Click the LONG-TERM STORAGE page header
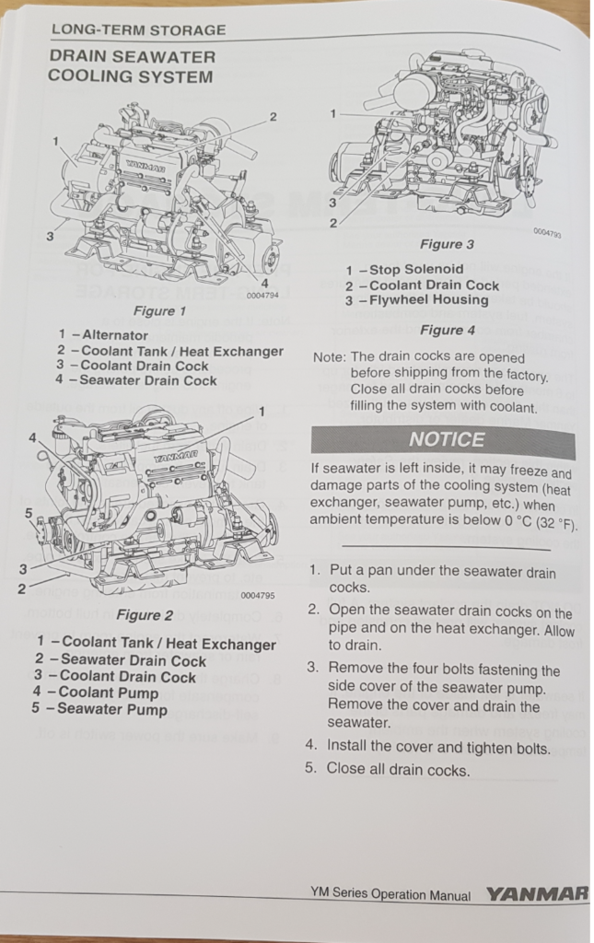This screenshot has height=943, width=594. [x=138, y=30]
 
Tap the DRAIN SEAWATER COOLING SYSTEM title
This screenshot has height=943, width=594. [x=131, y=66]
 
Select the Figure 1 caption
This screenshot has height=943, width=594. [x=159, y=311]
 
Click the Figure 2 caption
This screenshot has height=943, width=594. [x=146, y=615]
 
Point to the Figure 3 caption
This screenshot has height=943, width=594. [x=447, y=244]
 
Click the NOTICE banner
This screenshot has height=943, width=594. [x=446, y=440]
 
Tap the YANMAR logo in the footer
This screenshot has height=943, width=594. [x=536, y=893]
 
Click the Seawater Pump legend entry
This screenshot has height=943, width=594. [x=101, y=709]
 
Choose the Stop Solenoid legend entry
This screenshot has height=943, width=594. [x=404, y=270]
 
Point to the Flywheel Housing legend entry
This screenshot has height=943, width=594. [x=417, y=300]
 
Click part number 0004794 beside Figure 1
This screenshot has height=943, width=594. [x=262, y=296]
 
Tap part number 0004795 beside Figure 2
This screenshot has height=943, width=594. [x=258, y=596]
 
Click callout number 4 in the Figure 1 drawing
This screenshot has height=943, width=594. [x=264, y=283]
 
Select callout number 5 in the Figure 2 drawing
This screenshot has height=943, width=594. [x=28, y=512]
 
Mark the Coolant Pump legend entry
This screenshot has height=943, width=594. [x=96, y=693]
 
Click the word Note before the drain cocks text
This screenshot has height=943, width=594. [x=329, y=357]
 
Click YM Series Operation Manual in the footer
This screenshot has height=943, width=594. [x=390, y=894]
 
